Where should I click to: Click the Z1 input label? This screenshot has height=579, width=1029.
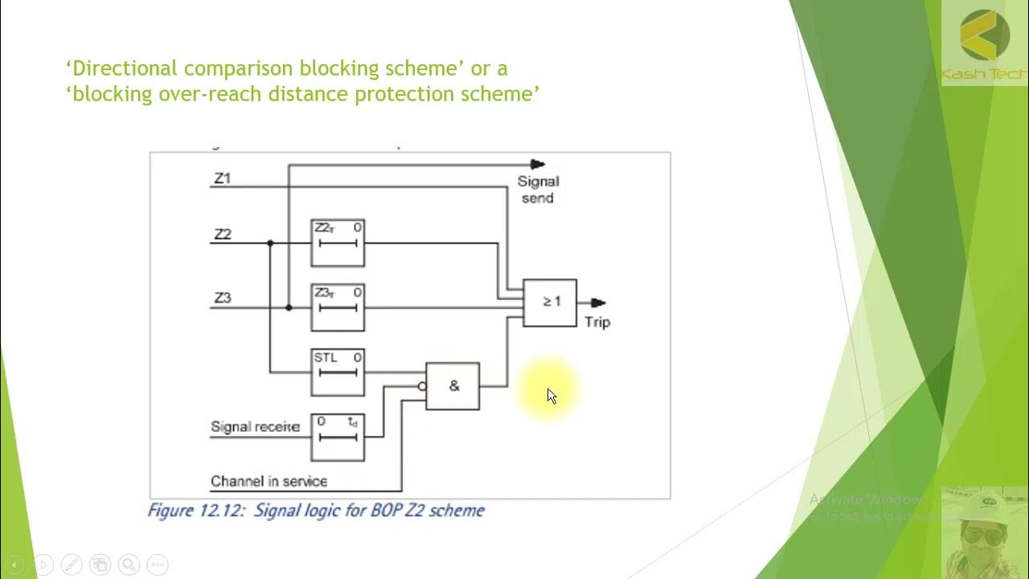point(222,178)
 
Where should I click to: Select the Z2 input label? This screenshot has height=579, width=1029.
point(223,234)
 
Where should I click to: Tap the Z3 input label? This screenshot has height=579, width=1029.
point(223,298)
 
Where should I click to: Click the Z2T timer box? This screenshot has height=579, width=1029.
point(338,242)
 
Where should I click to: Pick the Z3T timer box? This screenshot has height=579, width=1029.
point(338,307)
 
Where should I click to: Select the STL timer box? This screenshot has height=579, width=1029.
point(338,372)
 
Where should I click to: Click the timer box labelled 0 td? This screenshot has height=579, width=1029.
point(338,437)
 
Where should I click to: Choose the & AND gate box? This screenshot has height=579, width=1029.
point(453,386)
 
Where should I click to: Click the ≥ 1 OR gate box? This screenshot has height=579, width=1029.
point(550,302)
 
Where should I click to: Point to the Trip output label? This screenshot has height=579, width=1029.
point(597,322)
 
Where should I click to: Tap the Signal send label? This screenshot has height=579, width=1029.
point(538,190)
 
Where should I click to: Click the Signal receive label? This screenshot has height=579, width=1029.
point(255,427)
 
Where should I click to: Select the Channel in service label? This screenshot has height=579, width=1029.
point(269,482)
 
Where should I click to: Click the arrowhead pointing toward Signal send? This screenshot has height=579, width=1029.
point(538,165)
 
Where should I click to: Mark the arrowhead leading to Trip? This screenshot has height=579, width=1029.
point(598,303)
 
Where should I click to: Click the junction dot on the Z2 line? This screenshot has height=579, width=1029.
point(270,243)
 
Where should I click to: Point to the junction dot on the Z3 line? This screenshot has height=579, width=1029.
point(289,308)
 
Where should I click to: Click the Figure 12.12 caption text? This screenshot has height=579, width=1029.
point(316,511)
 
